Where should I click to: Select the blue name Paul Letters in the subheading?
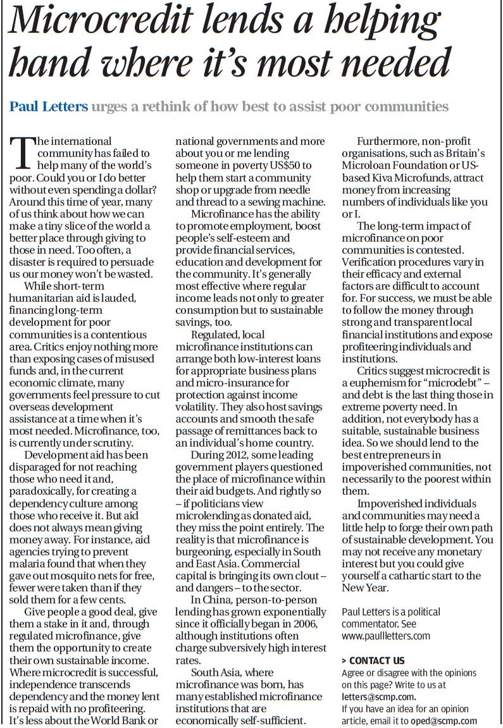48,106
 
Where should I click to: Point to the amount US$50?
290,165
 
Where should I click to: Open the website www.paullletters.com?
386,636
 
